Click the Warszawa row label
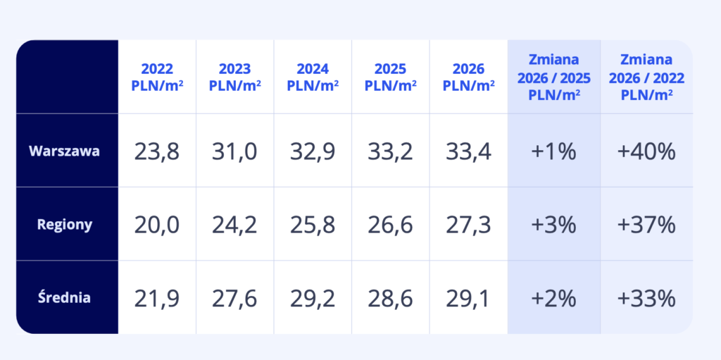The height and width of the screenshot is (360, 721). (65, 151)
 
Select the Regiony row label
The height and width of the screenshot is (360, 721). (65, 225)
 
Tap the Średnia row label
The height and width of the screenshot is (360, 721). (64, 297)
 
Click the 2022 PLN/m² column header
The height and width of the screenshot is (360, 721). (157, 77)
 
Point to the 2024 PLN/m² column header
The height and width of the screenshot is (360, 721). (313, 77)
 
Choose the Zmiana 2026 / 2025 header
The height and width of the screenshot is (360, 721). (553, 77)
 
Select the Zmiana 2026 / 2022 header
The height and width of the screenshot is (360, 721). (646, 77)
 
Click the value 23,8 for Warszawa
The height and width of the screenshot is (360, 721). (157, 151)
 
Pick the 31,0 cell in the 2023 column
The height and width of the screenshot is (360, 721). (234, 151)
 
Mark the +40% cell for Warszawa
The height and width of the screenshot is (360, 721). (646, 151)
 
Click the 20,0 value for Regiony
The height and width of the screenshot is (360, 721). (157, 225)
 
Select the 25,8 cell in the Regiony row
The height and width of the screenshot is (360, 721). (313, 225)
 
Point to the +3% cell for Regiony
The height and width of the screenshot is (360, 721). (553, 225)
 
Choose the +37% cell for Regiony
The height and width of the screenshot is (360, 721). (646, 225)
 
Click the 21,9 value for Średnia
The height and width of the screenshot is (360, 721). (157, 298)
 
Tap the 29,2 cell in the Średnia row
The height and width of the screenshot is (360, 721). (313, 298)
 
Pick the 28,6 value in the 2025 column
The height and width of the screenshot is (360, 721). (390, 298)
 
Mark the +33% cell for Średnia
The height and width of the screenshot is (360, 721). (646, 298)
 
